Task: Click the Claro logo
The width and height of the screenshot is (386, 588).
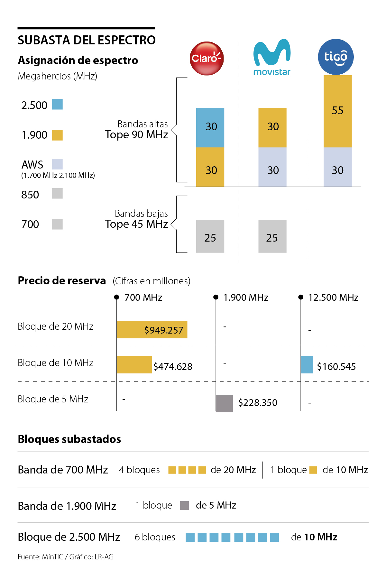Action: click(207, 59)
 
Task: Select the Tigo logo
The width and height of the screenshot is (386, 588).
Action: click(336, 57)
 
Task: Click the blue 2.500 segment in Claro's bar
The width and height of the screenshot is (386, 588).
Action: click(210, 127)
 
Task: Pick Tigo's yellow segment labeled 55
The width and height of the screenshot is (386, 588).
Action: click(337, 111)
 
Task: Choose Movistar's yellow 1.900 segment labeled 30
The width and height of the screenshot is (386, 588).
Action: click(272, 127)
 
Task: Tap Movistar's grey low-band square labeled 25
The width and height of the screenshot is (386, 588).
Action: click(272, 236)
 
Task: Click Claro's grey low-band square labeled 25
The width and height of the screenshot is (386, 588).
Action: click(210, 236)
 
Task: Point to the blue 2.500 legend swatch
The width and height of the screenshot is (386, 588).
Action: click(57, 104)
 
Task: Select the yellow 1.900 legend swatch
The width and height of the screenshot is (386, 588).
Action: click(57, 135)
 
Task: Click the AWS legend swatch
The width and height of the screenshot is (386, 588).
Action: click(57, 164)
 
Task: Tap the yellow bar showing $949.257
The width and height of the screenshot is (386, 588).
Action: click(152, 329)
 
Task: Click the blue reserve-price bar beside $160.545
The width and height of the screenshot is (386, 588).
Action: click(307, 364)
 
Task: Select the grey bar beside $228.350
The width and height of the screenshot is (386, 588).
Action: click(224, 403)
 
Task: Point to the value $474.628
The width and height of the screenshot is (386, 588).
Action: click(173, 366)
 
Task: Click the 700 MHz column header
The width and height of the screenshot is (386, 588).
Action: click(143, 297)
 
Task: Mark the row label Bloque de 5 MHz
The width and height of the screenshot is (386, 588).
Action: click(53, 399)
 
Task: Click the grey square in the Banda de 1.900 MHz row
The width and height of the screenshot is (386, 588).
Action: click(184, 505)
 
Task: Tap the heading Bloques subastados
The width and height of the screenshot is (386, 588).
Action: click(69, 439)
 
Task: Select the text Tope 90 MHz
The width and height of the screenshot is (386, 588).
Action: click(136, 134)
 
